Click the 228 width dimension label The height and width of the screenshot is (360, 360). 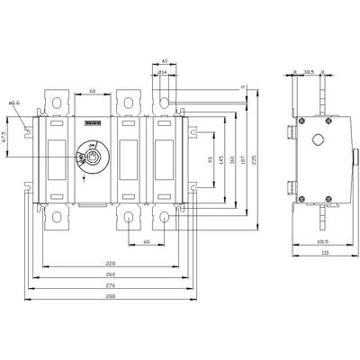[109, 263]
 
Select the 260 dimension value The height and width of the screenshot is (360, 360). [109, 273]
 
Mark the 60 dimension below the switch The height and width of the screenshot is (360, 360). [145, 242]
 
